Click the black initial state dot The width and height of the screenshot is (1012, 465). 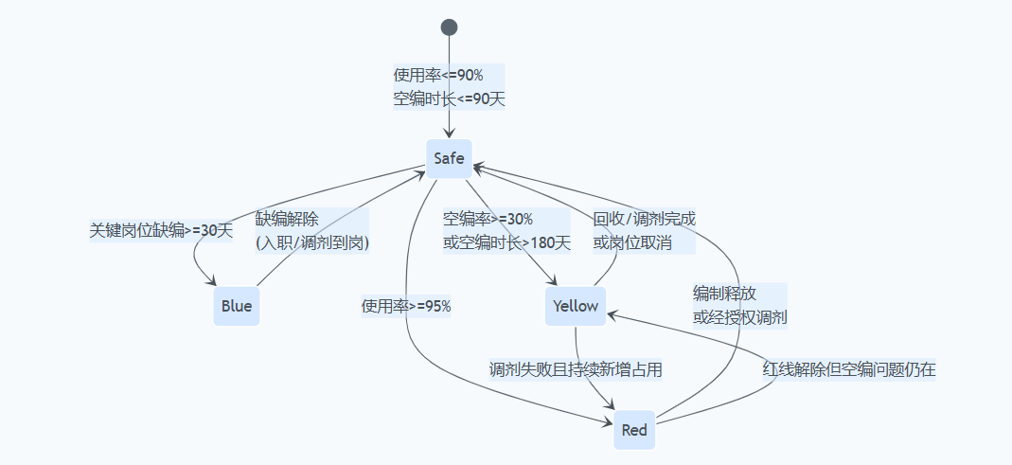449,27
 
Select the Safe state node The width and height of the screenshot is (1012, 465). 449,158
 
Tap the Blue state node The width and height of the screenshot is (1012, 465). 237,306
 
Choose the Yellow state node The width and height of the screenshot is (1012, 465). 576,306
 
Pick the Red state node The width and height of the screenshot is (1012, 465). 634,430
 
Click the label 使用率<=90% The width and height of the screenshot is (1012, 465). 438,76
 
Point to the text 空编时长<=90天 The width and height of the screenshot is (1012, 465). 449,98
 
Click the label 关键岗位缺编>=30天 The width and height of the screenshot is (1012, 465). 160,229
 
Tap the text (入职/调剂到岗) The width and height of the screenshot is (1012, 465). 311,242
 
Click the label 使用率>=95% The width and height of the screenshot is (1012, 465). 406,306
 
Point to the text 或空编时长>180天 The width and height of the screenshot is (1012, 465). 507,242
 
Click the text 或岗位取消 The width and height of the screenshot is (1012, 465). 632,242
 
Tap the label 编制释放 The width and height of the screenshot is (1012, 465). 724,294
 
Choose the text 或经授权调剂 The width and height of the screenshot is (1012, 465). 739,316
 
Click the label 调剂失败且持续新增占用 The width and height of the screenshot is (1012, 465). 575,369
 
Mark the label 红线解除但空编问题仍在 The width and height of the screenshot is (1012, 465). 849,369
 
